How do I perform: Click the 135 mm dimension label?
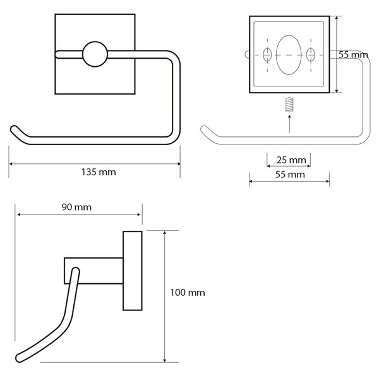pos(99,172)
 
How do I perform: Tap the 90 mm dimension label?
pos(76,207)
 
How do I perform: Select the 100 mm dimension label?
pos(188,293)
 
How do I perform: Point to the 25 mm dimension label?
pos(291,160)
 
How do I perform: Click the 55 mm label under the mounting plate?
pos(290,175)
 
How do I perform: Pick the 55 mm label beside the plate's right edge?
pos(353,55)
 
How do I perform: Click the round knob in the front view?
pos(95,54)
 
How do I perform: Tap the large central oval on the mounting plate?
pos(289,55)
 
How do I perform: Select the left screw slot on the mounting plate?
pos(267,55)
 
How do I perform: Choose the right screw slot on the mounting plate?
pos(311,55)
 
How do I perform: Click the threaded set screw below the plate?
pos(289,104)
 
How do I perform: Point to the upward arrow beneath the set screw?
pos(289,124)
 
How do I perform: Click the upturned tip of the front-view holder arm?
pos(15,129)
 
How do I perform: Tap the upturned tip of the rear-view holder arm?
pos(204,129)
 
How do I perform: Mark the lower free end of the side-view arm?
pos(20,358)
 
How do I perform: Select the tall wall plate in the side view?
pos(133,271)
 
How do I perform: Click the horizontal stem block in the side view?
pos(93,271)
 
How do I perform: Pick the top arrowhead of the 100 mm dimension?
pos(165,233)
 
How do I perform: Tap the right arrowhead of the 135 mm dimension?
pos(179,164)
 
